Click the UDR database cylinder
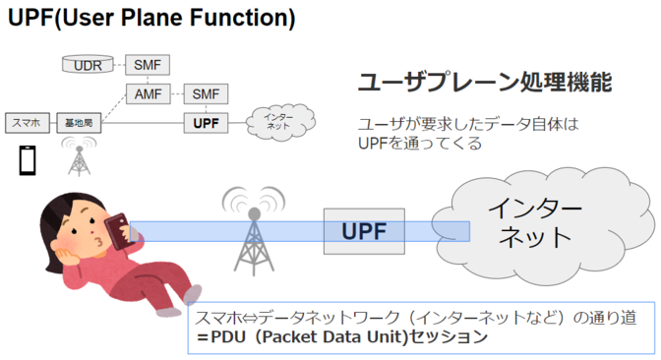tap(88, 64)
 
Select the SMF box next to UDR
tap(148, 65)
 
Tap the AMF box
tap(148, 93)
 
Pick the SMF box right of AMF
tap(206, 93)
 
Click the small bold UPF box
tap(206, 123)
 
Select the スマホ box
tap(28, 123)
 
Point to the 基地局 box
tap(79, 123)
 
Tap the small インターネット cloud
tap(280, 122)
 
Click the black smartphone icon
tap(28, 160)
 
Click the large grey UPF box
tap(364, 231)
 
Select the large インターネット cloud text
tap(534, 221)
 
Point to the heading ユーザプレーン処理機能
tap(485, 82)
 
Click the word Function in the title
tap(242, 18)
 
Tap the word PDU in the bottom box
tap(228, 336)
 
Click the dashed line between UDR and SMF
tap(120, 65)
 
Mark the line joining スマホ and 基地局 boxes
tap(53, 123)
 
